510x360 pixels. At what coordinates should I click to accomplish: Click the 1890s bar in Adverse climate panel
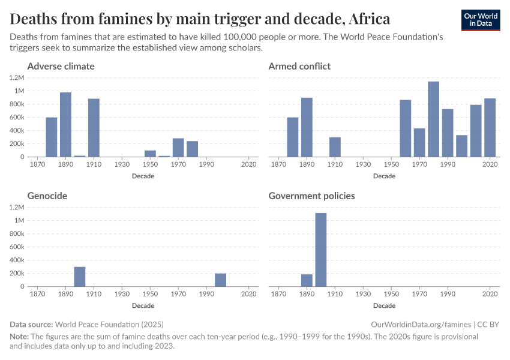65,125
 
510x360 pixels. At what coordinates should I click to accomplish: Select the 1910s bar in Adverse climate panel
94,128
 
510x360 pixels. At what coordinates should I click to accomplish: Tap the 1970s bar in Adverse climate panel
178,148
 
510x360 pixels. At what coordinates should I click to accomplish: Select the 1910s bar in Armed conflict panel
335,147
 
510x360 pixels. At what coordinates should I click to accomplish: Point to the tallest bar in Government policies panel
321,250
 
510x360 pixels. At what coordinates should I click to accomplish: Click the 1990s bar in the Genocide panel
221,280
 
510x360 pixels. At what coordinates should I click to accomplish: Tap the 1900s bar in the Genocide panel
80,277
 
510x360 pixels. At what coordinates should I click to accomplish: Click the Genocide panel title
47,196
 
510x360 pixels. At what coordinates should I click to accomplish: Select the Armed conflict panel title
299,66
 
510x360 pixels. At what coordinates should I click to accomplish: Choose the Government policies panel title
311,196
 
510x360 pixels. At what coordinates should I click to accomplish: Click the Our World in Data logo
481,20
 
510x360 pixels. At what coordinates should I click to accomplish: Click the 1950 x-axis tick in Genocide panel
150,295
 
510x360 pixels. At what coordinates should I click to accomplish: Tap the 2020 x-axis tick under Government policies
490,295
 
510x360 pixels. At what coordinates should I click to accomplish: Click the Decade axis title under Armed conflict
384,176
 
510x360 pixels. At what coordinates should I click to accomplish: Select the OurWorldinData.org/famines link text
424,324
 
